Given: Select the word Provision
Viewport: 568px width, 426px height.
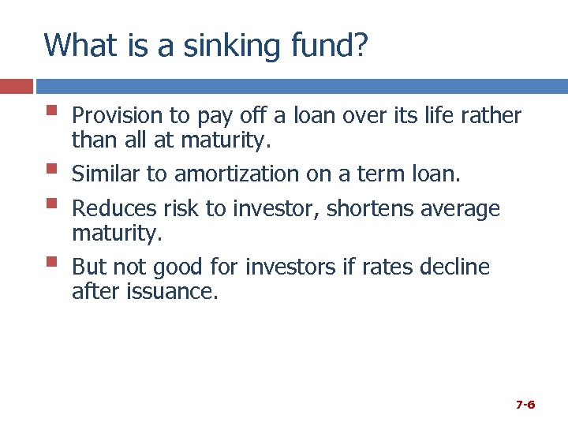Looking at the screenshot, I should [117, 116].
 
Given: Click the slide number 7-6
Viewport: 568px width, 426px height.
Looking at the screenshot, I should [525, 405].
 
